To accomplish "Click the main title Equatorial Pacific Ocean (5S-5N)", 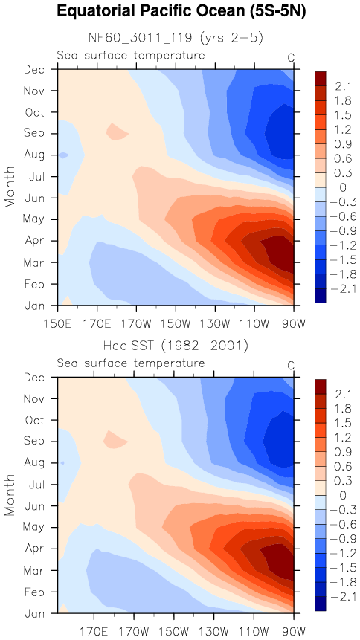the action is pos(181,11).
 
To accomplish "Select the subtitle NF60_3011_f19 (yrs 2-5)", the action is pos(176,38).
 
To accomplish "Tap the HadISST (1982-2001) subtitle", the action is pos(176,346).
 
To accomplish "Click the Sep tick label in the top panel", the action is pos(35,133).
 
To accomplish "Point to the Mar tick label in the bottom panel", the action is pos(35,570).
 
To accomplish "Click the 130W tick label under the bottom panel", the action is pos(214,633).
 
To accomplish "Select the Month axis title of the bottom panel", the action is pos(10,495).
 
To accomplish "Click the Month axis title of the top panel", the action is pos(10,187).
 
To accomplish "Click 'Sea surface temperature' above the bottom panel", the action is pos(130,363).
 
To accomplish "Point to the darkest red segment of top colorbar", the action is pos(321,78).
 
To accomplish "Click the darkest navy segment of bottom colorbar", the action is pos(321,604).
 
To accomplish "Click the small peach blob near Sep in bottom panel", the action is pos(115,439).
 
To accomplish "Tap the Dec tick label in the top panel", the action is pos(35,69).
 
